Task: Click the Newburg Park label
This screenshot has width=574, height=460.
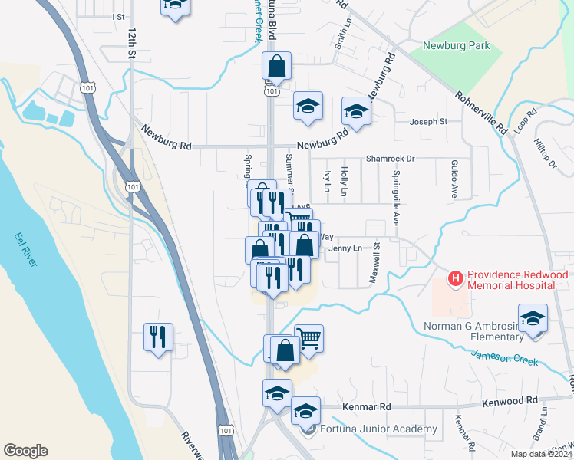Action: pyautogui.click(x=457, y=46)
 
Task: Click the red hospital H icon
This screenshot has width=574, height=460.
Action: pyautogui.click(x=456, y=278)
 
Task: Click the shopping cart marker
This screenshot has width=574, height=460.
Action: pyautogui.click(x=308, y=338)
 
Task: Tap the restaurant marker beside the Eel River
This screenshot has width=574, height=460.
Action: pyautogui.click(x=158, y=337)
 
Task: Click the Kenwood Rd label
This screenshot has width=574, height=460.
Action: pyautogui.click(x=510, y=402)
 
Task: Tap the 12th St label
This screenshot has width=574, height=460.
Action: pyautogui.click(x=132, y=45)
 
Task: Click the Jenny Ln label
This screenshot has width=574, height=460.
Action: pyautogui.click(x=345, y=248)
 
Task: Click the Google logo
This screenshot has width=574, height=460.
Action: pyautogui.click(x=25, y=451)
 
